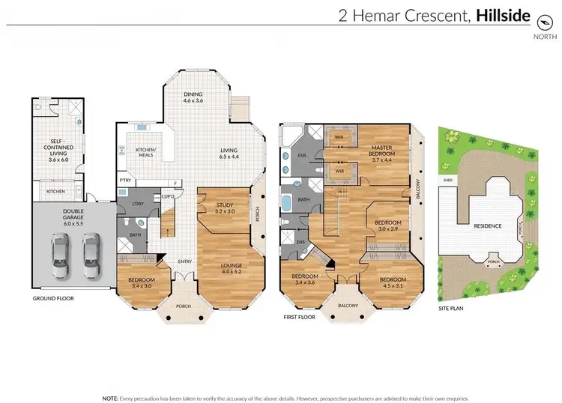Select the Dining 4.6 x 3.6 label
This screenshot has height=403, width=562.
point(193,97)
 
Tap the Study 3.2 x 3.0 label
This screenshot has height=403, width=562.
point(226,208)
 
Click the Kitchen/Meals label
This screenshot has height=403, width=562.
point(144,152)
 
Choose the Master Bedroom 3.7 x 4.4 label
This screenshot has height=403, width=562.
point(387,152)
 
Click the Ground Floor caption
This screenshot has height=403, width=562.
point(52,297)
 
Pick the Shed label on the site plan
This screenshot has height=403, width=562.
point(447,180)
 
